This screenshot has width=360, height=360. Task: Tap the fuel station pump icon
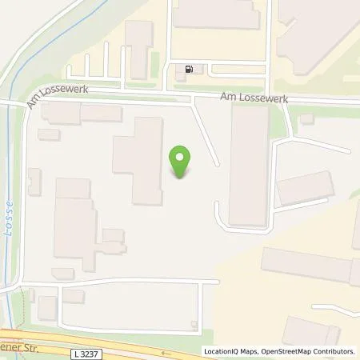point(189,69)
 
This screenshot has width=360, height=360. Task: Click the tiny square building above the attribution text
point(194,324)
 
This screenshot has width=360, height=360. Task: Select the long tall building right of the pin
point(248,165)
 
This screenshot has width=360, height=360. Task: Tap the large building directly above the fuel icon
point(216,16)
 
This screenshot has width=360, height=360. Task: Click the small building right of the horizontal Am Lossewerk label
point(307,119)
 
